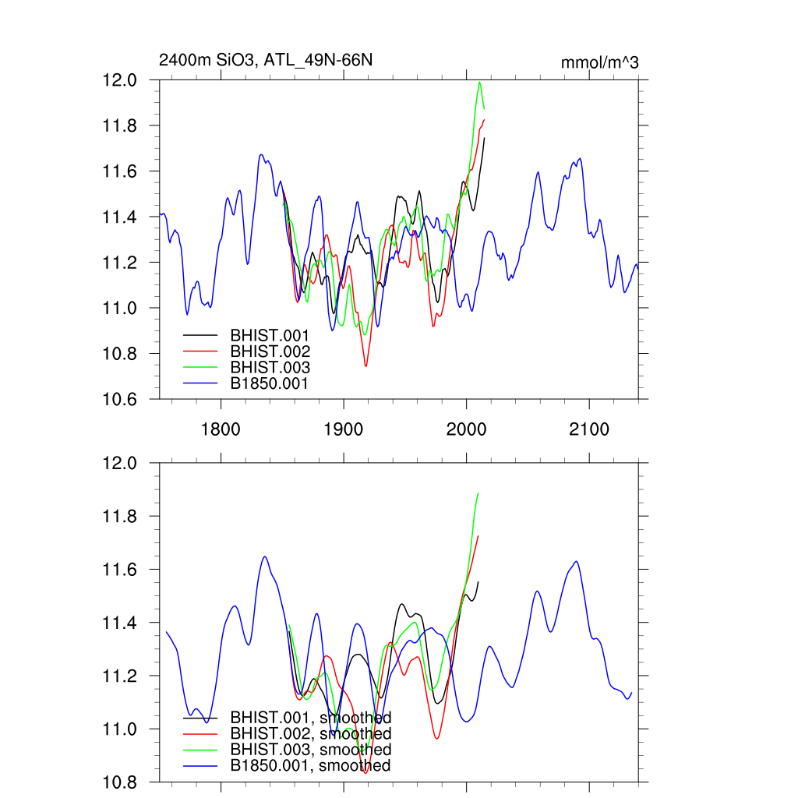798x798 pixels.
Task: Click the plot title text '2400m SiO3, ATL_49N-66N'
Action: pos(261,61)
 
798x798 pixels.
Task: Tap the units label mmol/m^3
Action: pos(600,62)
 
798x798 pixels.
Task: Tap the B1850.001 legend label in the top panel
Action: pos(270,383)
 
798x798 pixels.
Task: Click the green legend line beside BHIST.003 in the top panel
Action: pos(200,367)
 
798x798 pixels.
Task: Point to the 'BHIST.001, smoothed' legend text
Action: pos(310,718)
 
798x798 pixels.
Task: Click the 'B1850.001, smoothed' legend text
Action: pos(310,765)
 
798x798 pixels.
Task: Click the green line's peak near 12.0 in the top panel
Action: pos(479,82)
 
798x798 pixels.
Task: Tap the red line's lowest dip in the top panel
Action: pos(365,365)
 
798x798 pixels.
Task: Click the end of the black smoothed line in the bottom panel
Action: pos(478,582)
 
